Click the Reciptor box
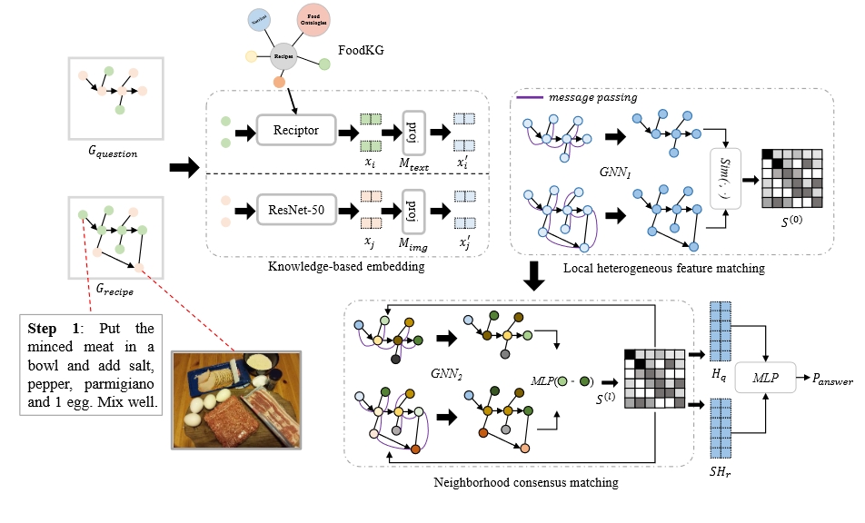coord(296,132)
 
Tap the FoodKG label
coord(361,52)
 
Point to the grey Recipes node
coord(283,56)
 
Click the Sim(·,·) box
coord(726,173)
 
